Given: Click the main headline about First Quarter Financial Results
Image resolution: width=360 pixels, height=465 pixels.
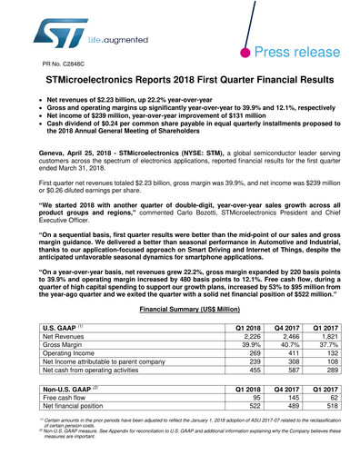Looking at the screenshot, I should click(x=179, y=83).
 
